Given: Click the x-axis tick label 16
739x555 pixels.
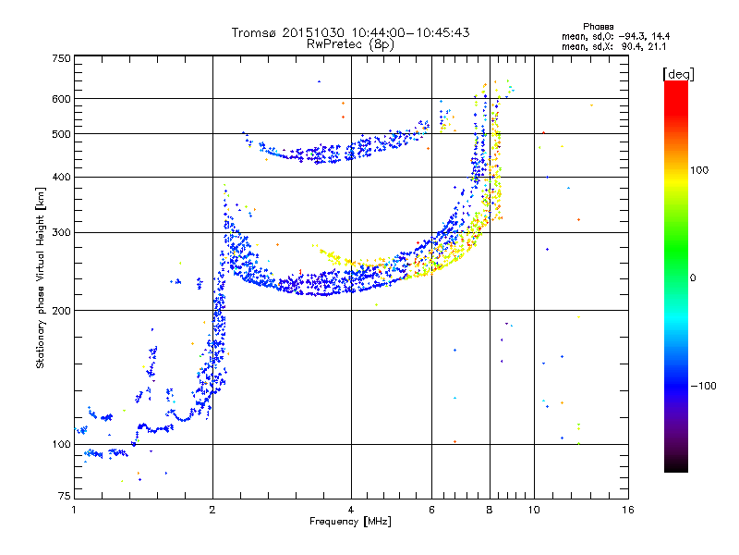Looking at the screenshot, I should (627, 510).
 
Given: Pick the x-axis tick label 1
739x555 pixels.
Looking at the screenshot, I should (74, 510).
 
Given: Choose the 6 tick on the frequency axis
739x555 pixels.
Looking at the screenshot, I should (431, 510).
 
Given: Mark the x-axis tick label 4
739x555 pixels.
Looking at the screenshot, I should (350, 510).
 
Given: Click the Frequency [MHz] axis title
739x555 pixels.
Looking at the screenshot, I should (350, 523).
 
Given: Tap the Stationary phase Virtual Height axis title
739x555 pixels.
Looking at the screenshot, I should (41, 277).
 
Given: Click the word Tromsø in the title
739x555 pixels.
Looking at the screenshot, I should (255, 32).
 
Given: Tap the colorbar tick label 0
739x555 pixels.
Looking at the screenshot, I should (693, 277).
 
